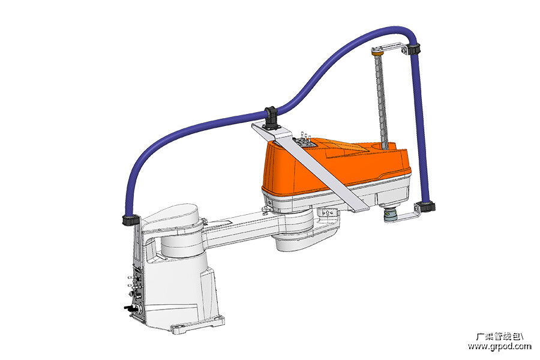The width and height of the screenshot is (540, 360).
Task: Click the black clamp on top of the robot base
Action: tap(131, 220)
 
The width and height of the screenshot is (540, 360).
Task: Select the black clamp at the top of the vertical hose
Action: tap(413, 49)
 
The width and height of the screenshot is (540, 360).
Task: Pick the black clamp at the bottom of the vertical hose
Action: tap(427, 207)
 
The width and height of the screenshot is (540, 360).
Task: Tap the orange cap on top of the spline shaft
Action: tap(377, 53)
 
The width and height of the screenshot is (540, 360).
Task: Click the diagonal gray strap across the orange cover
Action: tap(310, 167)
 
